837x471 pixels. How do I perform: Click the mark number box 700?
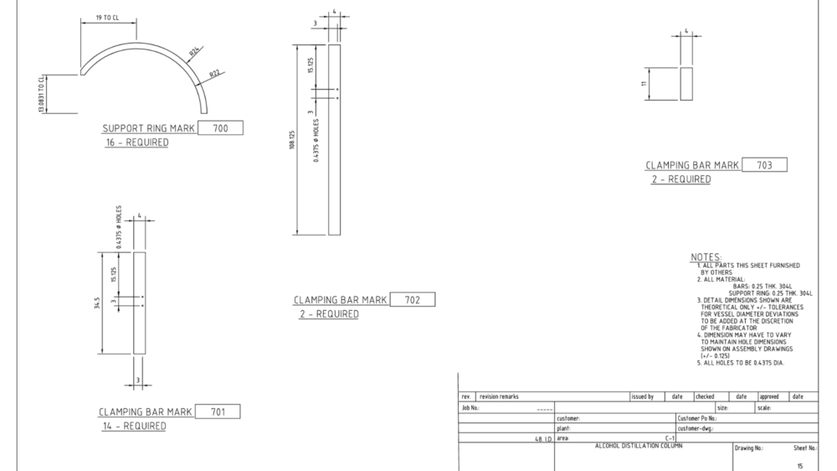220,127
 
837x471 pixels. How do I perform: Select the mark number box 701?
218,411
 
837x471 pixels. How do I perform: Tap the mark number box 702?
413,299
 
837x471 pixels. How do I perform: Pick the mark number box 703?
764,164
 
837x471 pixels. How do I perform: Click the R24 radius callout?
195,51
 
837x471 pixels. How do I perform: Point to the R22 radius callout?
214,73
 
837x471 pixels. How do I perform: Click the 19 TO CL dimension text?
107,18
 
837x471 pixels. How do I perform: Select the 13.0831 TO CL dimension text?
41,94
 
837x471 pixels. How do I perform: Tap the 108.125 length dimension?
292,139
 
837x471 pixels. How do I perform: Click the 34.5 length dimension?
97,303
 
